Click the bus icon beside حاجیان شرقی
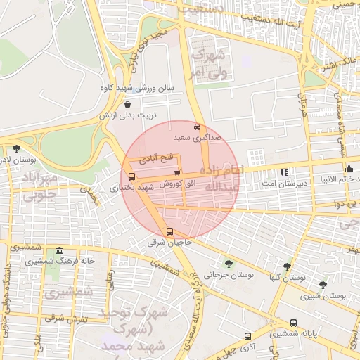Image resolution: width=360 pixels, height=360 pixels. click(169, 232)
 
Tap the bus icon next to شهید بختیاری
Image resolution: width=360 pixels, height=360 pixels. click(132, 176)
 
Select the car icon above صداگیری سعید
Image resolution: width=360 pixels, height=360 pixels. click(198, 127)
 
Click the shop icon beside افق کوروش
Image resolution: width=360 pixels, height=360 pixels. click(177, 172)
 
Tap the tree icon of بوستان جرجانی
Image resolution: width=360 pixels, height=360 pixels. click(228, 263)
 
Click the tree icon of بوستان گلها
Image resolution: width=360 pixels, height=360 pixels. click(287, 266)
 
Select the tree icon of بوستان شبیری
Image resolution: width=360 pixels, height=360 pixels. click(322, 285)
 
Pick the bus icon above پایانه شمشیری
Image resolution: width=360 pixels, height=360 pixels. click(293, 323)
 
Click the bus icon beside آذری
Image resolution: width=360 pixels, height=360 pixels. click(247, 336)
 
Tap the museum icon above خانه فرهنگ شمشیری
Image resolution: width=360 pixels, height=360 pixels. click(59, 251)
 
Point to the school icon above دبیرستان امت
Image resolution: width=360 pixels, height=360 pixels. click(284, 172)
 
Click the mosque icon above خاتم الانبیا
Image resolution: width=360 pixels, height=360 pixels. click(349, 168)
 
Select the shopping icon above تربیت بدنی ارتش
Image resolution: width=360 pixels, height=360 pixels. click(127, 104)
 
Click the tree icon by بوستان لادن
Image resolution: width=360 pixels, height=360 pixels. click(16, 148)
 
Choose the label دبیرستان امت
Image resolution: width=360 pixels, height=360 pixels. click(283, 183)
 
